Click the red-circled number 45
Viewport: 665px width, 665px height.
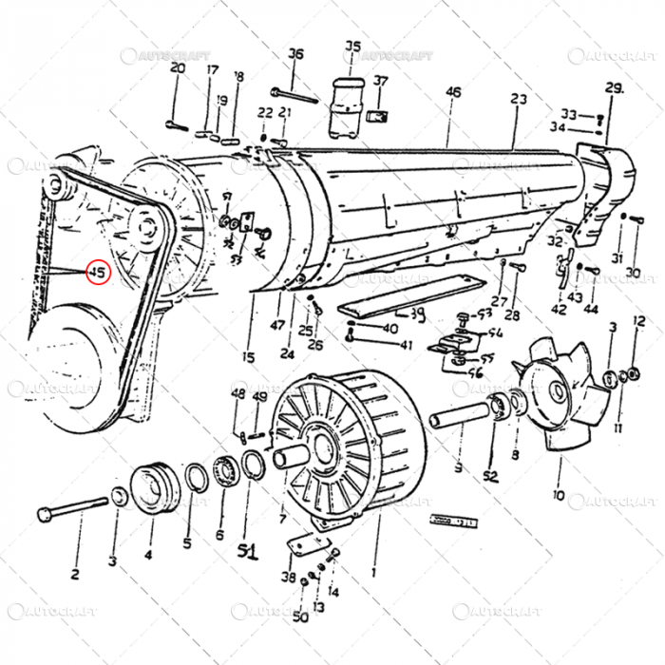(97, 273)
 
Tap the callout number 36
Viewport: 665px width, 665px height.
(295, 54)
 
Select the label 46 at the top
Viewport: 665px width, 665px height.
(453, 92)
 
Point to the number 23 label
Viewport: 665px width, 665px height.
(518, 99)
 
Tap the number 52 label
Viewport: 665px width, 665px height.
(490, 476)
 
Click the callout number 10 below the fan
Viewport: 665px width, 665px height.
(558, 495)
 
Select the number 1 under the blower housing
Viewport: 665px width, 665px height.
(373, 573)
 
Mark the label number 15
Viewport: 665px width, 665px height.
(248, 357)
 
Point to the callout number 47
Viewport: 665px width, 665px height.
(276, 325)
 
